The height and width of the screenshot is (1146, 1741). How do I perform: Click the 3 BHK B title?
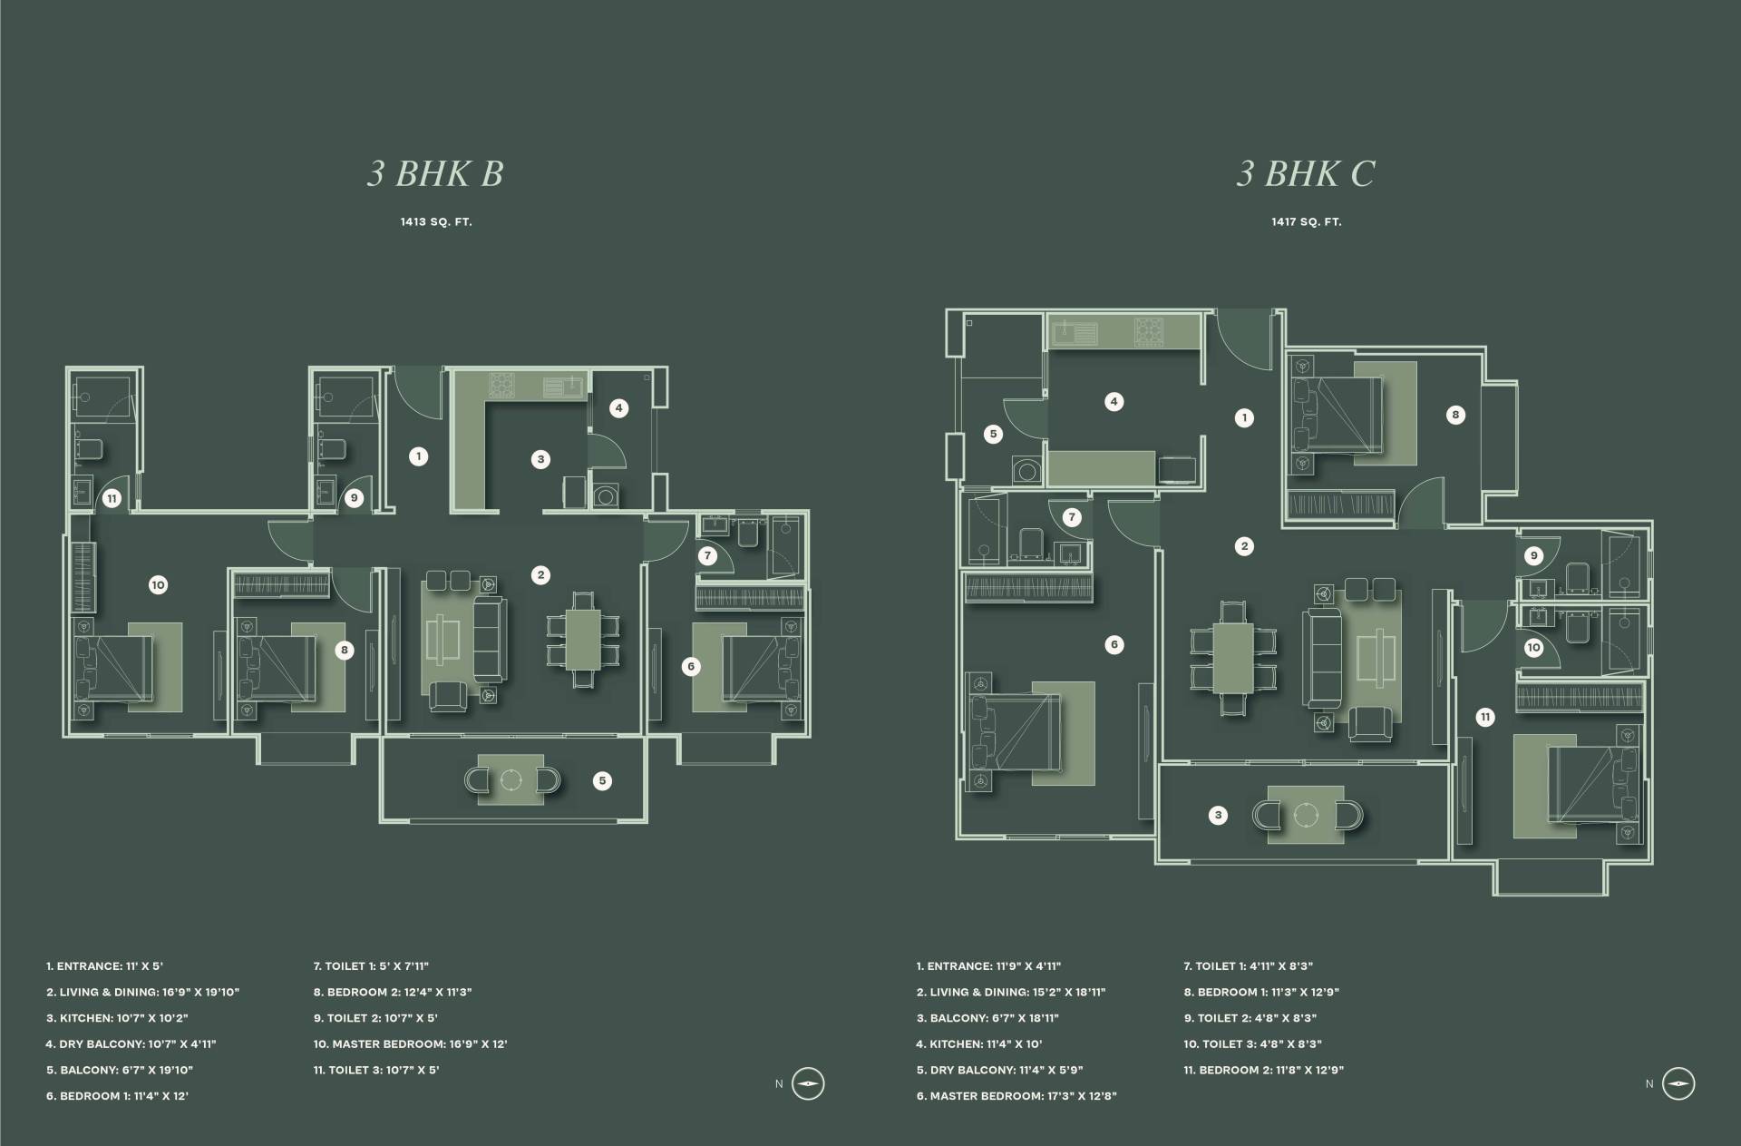435,173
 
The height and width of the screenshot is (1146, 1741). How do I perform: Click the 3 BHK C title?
1306,173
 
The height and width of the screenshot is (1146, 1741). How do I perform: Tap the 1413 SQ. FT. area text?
436,221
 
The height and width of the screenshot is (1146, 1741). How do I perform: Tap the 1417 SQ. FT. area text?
1307,221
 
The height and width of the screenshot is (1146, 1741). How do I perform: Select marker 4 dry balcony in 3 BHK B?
619,408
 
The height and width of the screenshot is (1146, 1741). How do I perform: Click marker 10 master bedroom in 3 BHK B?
158,585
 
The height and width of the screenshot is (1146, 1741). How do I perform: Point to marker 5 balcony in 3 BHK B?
602,780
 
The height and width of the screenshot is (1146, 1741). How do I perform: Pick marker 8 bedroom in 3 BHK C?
1455,416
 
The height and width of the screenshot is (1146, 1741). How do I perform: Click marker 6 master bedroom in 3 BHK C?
1114,644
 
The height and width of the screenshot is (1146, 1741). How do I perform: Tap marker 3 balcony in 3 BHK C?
1219,815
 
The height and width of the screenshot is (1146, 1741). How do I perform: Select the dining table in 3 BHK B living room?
584,641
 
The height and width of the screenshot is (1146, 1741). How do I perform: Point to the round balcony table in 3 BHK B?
512,780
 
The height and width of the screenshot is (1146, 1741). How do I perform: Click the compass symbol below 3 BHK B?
808,1084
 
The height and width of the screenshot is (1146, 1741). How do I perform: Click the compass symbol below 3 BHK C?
1678,1084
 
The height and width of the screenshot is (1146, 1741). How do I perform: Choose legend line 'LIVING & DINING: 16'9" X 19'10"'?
143,993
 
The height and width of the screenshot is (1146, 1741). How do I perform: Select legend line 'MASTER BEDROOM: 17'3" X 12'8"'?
1016,1096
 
